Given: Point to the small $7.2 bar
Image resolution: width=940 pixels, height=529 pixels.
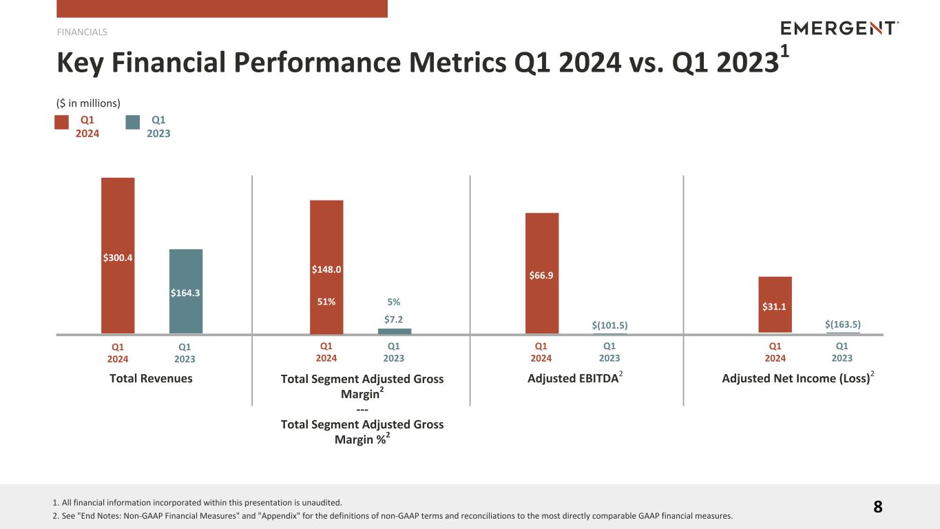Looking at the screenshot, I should pos(394,331).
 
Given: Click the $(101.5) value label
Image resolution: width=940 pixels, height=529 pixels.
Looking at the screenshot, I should pos(609,325).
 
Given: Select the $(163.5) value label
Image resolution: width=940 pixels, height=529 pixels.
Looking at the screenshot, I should pos(843,324).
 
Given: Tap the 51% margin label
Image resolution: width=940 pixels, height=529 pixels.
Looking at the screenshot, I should pos(326,302).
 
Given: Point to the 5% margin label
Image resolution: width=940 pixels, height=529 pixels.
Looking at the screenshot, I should pos(394,302).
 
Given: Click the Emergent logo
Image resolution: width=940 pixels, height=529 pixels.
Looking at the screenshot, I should pos(839,28).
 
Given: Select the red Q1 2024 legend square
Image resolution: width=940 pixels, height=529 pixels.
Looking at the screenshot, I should pos(62,123).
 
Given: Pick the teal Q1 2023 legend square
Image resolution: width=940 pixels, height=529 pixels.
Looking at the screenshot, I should pos(133,123).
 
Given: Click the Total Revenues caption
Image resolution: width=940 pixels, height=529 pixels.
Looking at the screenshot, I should pos(151,378).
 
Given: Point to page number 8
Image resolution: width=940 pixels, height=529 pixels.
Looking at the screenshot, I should pos(878,508).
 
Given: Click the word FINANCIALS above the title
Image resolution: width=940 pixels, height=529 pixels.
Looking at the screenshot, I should pos(82,32).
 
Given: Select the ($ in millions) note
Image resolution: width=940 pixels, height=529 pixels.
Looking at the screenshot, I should pos(88,103).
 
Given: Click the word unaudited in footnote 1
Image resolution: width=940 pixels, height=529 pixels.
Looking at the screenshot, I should pos(323,503).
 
